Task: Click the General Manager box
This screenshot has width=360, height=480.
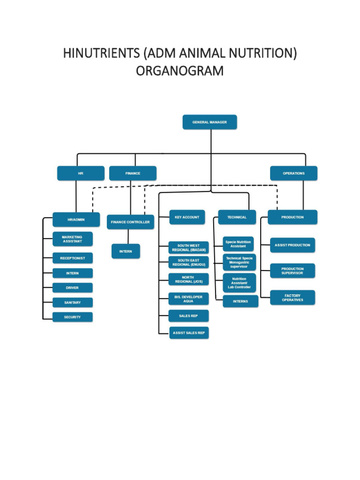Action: click(210, 122)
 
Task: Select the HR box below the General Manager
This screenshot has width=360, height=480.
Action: click(81, 173)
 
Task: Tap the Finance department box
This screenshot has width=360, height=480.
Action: click(133, 173)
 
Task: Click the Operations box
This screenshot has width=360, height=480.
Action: click(293, 173)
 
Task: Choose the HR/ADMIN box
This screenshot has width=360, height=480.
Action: click(76, 219)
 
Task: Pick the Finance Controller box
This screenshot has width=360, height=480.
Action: click(130, 222)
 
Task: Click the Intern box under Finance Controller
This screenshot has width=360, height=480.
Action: click(126, 251)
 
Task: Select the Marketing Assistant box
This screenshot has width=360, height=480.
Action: click(72, 239)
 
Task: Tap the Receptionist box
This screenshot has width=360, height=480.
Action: click(72, 258)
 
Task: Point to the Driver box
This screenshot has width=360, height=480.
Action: click(72, 287)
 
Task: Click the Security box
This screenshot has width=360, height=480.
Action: click(72, 317)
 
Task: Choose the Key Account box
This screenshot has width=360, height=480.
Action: click(187, 217)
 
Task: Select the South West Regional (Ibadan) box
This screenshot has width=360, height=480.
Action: click(188, 247)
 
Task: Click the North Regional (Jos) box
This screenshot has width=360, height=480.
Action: click(188, 279)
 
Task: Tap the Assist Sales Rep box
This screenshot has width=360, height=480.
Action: click(188, 333)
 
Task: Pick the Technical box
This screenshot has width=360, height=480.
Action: click(237, 217)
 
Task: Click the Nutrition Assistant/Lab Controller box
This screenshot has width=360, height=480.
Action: click(239, 283)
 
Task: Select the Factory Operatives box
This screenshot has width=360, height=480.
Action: click(292, 298)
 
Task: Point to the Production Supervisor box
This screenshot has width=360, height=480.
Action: click(292, 271)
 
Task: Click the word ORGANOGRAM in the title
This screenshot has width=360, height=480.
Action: click(180, 71)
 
